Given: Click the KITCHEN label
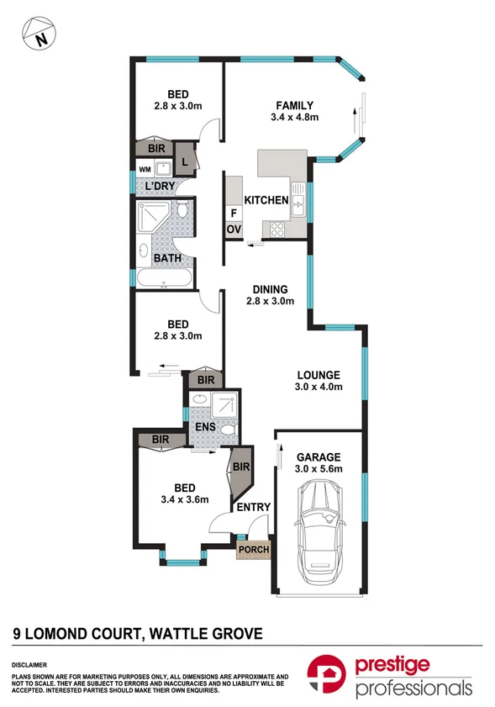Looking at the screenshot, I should pyautogui.click(x=266, y=200).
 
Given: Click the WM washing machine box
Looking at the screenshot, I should pyautogui.click(x=145, y=168).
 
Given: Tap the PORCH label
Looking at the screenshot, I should pyautogui.click(x=254, y=551).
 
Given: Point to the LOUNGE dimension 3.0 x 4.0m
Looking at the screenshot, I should pyautogui.click(x=317, y=388).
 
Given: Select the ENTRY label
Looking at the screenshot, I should pyautogui.click(x=252, y=508).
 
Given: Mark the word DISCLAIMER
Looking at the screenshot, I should pyautogui.click(x=30, y=663).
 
